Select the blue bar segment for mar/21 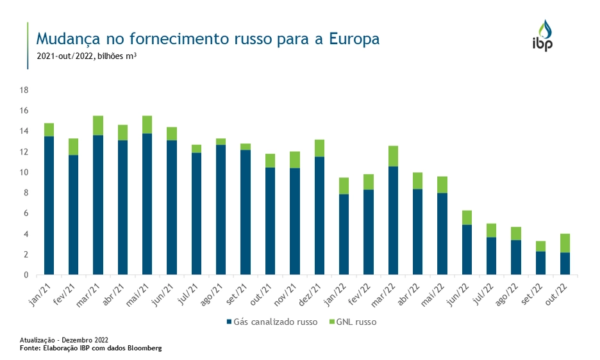click(x=98, y=205)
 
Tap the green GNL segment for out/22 click(x=565, y=243)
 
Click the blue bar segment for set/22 click(x=540, y=263)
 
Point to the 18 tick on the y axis click(x=24, y=90)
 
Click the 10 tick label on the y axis click(x=24, y=172)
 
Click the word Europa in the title click(x=354, y=39)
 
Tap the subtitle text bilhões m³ click(x=117, y=56)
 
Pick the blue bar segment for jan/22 click(x=344, y=234)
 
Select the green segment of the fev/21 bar click(x=74, y=147)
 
